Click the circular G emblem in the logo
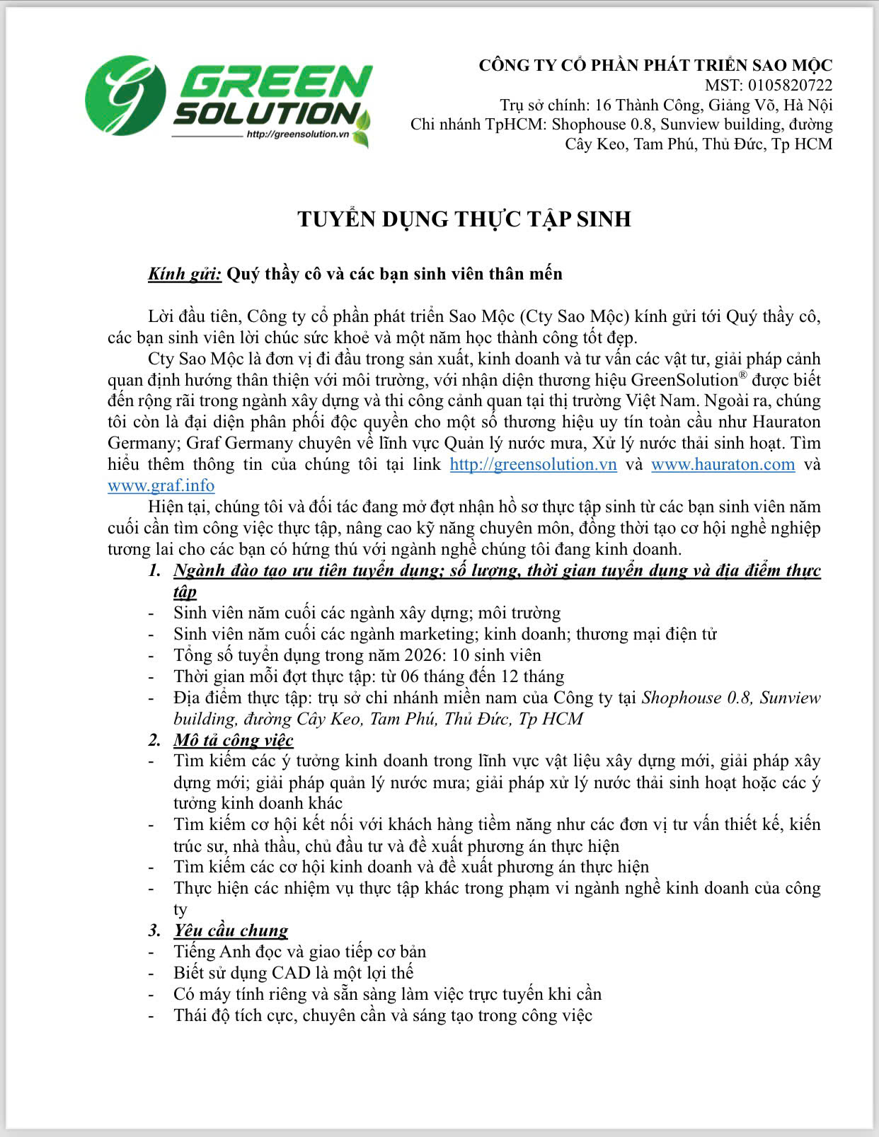coord(125,96)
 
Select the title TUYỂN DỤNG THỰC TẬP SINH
coord(464,219)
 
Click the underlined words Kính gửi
coord(185,274)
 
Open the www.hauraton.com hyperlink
coord(723,464)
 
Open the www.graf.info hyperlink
coord(161,485)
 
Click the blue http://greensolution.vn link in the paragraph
coord(533,464)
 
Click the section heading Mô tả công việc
coord(234,740)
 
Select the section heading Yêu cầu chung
coord(231,930)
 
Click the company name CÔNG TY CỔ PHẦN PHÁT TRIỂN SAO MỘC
coord(655,66)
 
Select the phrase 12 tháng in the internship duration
coord(532,676)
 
